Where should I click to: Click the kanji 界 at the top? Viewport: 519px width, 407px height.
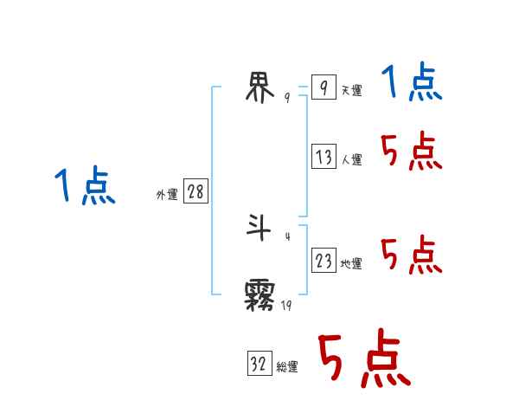click(x=260, y=87)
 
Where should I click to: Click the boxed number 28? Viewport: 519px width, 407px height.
click(x=195, y=191)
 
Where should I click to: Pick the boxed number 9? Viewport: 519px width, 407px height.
click(x=323, y=87)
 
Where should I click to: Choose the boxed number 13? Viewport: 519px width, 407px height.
click(x=324, y=157)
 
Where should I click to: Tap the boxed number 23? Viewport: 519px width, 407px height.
click(x=324, y=261)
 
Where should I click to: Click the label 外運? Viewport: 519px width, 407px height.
click(x=167, y=195)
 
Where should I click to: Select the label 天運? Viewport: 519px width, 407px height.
click(x=351, y=91)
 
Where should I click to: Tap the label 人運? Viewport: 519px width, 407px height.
click(x=351, y=160)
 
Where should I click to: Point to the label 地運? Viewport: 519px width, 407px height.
click(x=351, y=264)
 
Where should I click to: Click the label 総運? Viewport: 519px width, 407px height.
click(x=287, y=368)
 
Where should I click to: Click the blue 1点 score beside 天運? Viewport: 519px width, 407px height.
click(x=411, y=84)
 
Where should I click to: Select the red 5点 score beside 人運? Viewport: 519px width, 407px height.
click(x=411, y=152)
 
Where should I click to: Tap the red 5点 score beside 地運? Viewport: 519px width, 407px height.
click(x=411, y=255)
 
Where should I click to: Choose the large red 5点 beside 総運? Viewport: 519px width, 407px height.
click(x=363, y=360)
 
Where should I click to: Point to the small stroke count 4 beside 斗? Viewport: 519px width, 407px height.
click(x=287, y=236)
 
